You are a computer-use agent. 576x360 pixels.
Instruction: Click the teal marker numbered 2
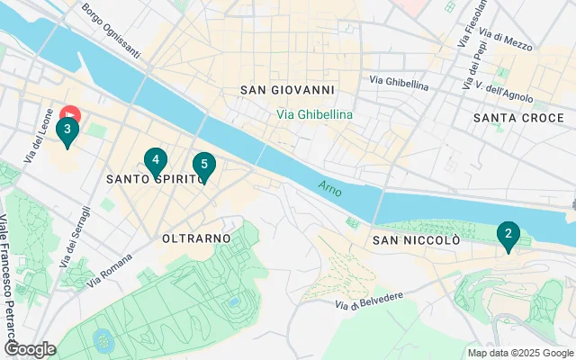[508, 237]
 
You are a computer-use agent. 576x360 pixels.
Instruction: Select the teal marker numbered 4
[156, 161]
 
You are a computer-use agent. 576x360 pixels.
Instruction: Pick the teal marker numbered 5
[204, 165]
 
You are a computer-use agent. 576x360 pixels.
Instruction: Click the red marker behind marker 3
[71, 113]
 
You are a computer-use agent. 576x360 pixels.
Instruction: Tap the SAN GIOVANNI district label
[288, 90]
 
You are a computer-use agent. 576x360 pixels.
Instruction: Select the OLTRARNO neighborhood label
[196, 238]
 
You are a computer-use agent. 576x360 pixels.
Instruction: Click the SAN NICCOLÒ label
[417, 240]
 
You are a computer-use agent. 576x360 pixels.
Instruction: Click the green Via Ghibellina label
[314, 114]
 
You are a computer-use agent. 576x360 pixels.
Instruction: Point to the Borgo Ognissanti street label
[112, 31]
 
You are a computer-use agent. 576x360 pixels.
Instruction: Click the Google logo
[30, 349]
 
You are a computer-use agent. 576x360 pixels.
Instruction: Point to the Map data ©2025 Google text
[520, 353]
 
